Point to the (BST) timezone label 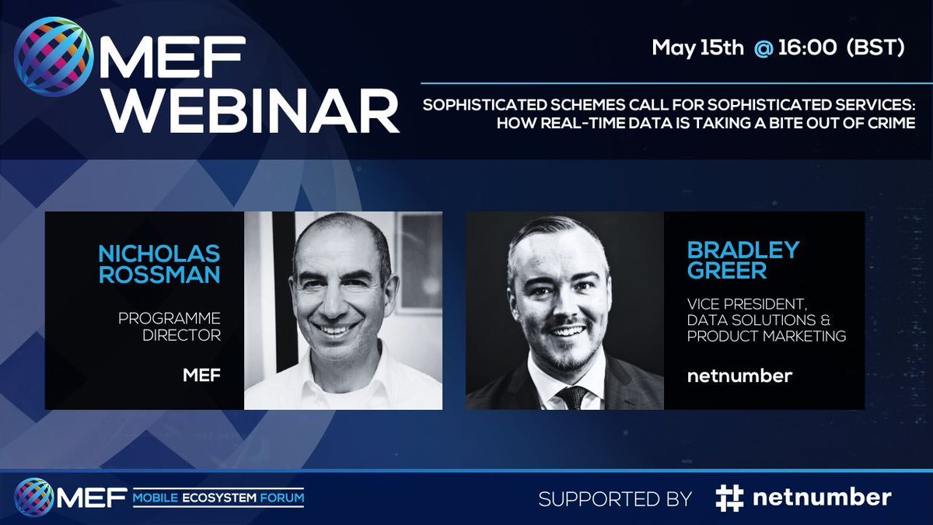point(875,48)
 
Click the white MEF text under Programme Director point(201,376)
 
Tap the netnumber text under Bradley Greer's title point(739,376)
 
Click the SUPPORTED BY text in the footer point(615,499)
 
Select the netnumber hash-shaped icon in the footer point(729,499)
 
